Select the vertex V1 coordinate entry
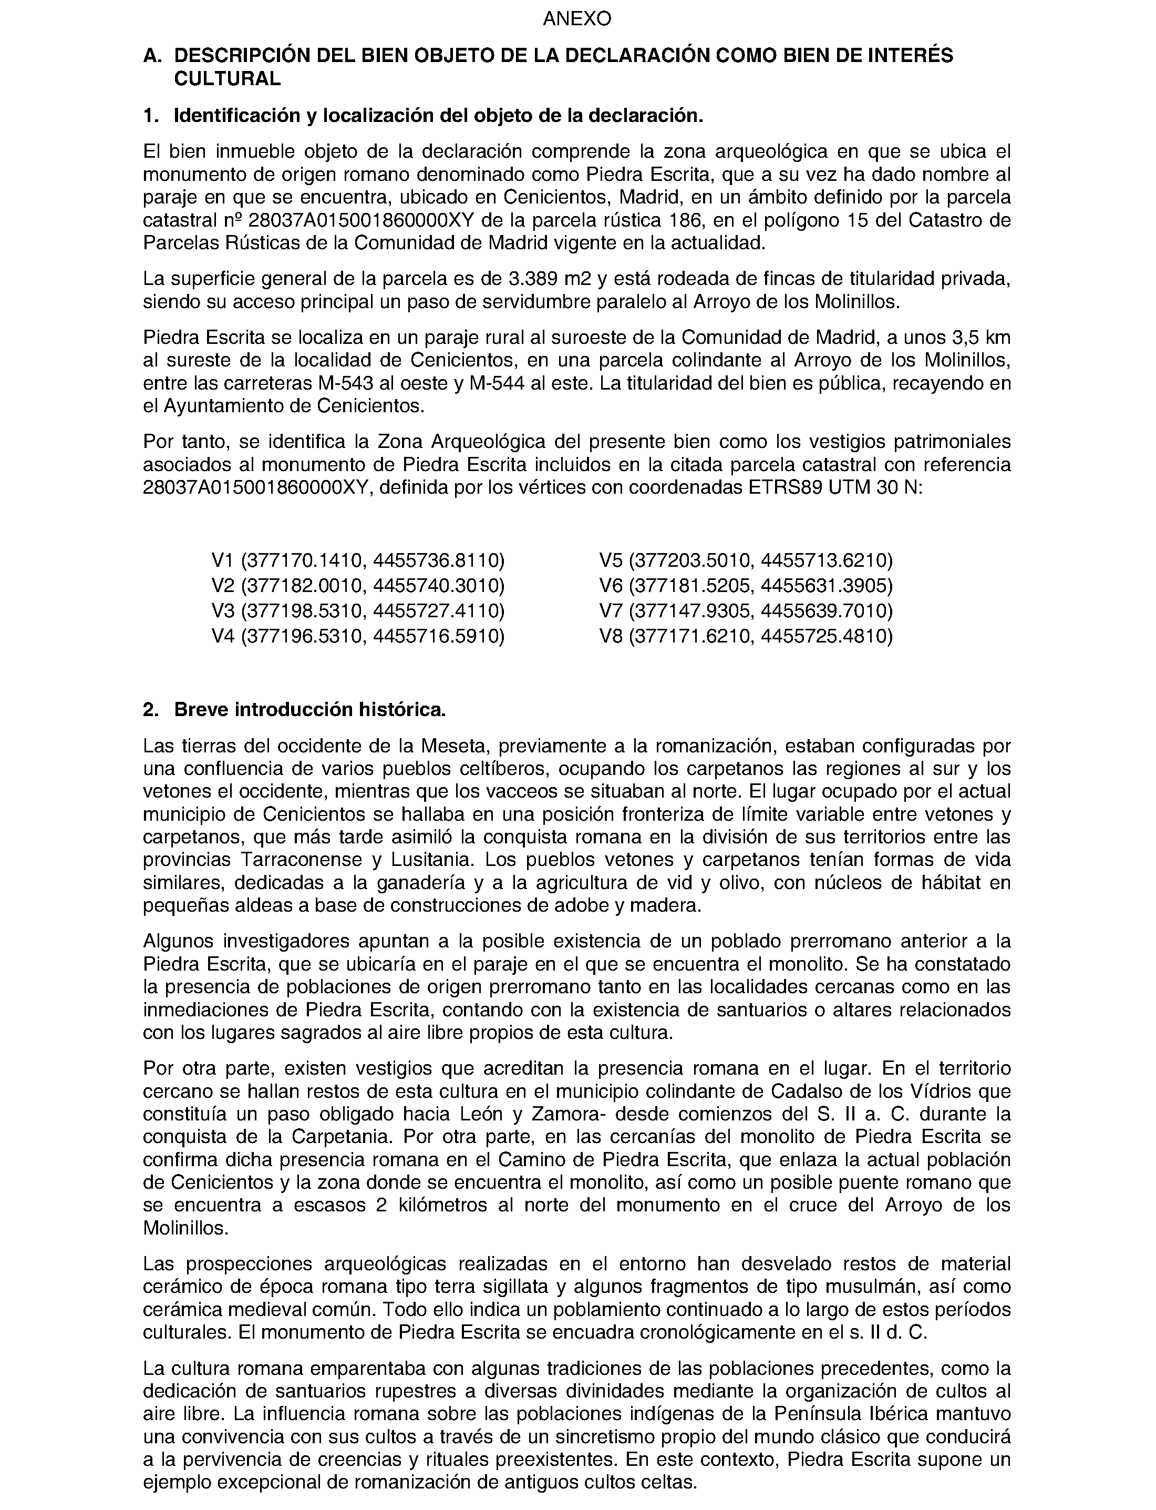click(x=358, y=560)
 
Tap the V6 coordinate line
click(x=746, y=585)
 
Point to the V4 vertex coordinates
click(x=358, y=636)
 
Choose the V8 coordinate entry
click(x=746, y=636)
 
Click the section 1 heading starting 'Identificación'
click(x=438, y=116)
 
